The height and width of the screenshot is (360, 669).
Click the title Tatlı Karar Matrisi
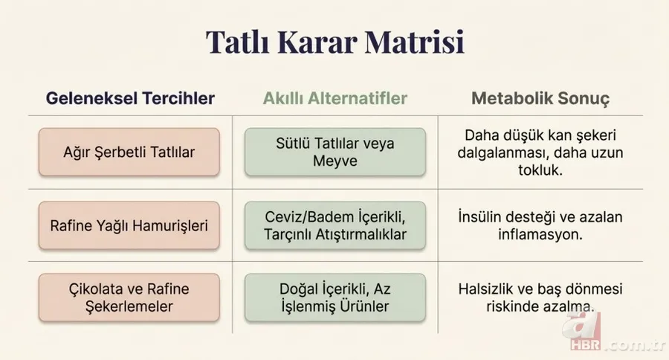[334, 42]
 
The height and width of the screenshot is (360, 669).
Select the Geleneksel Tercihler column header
[130, 98]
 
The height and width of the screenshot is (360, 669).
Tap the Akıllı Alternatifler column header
[334, 98]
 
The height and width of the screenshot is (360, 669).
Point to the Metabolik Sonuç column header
[540, 98]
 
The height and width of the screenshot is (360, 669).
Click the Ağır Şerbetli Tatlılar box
[129, 152]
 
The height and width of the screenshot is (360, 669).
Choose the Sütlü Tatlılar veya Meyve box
[334, 152]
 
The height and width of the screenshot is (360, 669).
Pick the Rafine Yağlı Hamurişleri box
[129, 225]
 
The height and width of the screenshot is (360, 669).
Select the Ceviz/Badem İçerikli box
[334, 225]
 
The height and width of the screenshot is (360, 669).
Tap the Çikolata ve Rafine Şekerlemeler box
[129, 298]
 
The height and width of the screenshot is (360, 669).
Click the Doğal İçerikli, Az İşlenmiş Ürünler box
[334, 298]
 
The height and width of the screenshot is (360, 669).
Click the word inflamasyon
[540, 233]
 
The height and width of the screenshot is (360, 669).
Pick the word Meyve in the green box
[335, 161]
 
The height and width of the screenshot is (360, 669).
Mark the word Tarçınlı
[291, 234]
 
